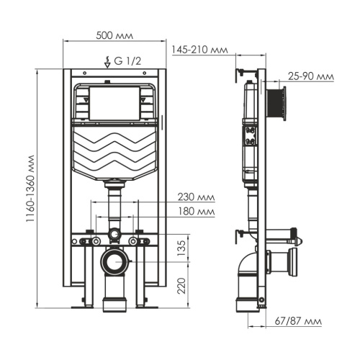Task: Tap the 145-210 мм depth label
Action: point(199,49)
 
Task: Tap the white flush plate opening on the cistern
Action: point(115,103)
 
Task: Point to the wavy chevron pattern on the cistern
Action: point(115,151)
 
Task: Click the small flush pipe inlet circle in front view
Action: point(114,235)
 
